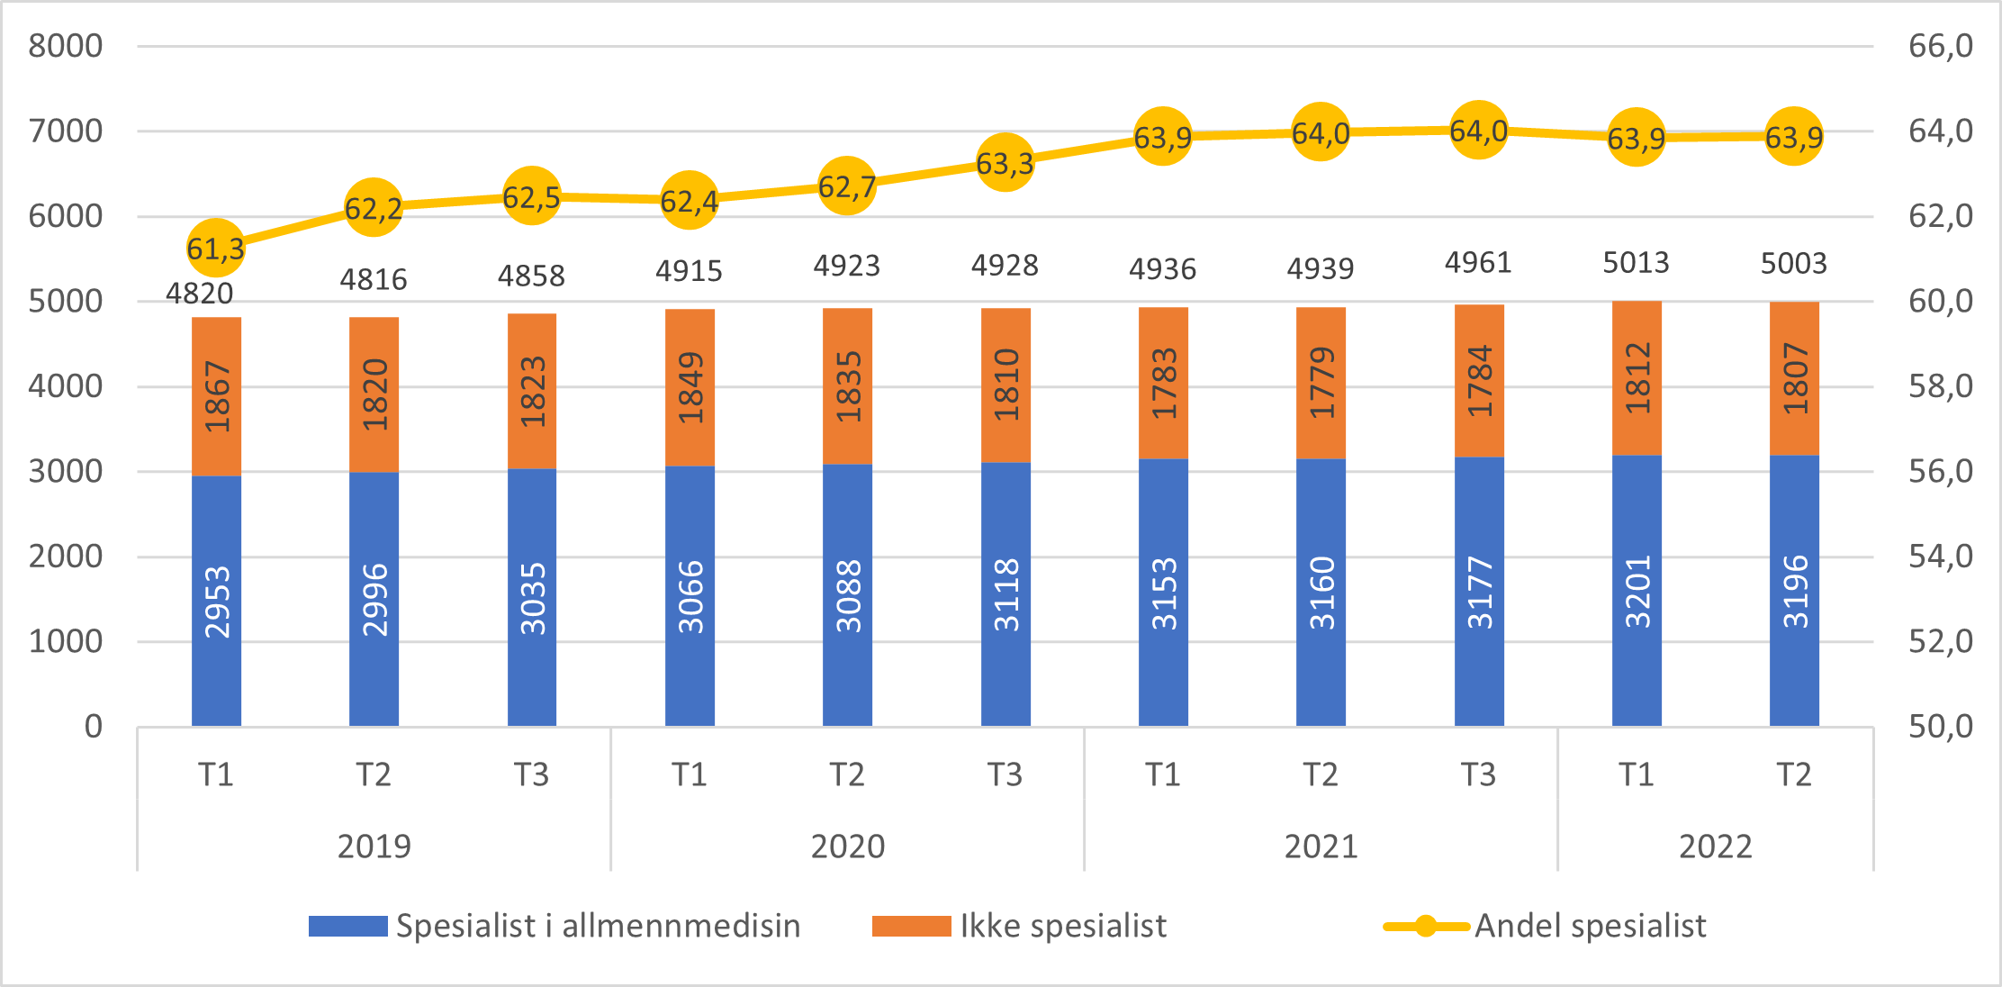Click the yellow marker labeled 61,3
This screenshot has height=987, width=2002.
pyautogui.click(x=215, y=247)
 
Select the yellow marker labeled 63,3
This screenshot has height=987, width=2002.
pyautogui.click(x=1005, y=163)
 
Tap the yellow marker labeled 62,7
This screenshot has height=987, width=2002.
pyautogui.click(x=847, y=186)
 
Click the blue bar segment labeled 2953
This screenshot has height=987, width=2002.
pyautogui.click(x=216, y=601)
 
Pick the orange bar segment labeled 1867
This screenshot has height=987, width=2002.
pyautogui.click(x=216, y=396)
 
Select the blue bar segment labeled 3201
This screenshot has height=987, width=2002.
pyautogui.click(x=1637, y=590)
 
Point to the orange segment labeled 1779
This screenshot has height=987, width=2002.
pyautogui.click(x=1321, y=384)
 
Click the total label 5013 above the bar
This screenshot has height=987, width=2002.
pyautogui.click(x=1636, y=263)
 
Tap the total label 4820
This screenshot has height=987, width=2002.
pyautogui.click(x=199, y=294)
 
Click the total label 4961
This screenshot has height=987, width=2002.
pyautogui.click(x=1478, y=263)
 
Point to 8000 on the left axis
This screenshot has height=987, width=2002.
pyautogui.click(x=65, y=46)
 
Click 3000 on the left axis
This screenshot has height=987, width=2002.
pyautogui.click(x=65, y=471)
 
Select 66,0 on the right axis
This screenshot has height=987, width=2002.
pyautogui.click(x=1941, y=46)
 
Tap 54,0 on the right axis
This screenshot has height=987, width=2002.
pyautogui.click(x=1941, y=557)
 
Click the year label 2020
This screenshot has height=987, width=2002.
pyautogui.click(x=847, y=847)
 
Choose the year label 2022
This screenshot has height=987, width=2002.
pyautogui.click(x=1715, y=847)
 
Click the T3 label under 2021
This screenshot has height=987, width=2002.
pyautogui.click(x=1478, y=774)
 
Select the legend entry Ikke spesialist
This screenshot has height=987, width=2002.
pyautogui.click(x=1062, y=926)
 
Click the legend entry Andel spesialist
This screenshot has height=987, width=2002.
pyautogui.click(x=1590, y=926)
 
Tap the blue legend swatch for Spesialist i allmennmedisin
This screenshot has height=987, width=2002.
pyautogui.click(x=347, y=926)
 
